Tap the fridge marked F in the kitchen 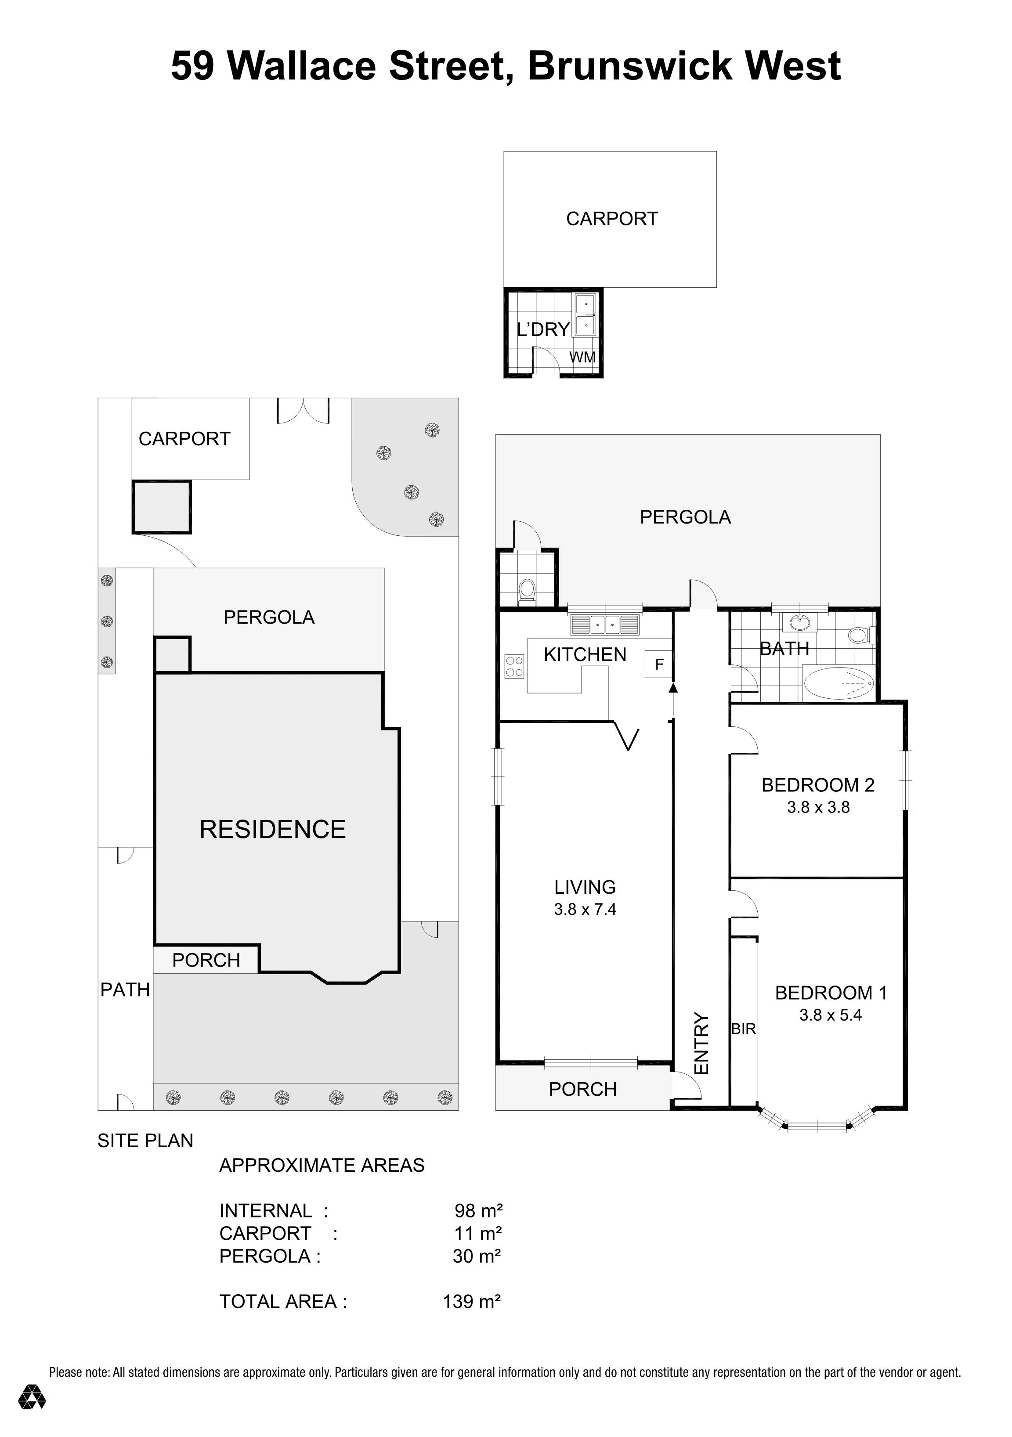tap(658, 664)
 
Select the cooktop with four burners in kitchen tap(514, 666)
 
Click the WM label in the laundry tap(582, 357)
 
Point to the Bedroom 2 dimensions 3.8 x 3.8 tap(818, 807)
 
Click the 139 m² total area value tap(471, 1301)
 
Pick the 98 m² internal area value tap(478, 1210)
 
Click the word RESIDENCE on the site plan tap(272, 829)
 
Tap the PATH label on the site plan tap(125, 989)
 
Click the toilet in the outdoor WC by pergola tap(527, 589)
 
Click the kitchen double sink tap(604, 624)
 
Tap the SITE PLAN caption tap(145, 1141)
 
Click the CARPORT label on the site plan tap(184, 439)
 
